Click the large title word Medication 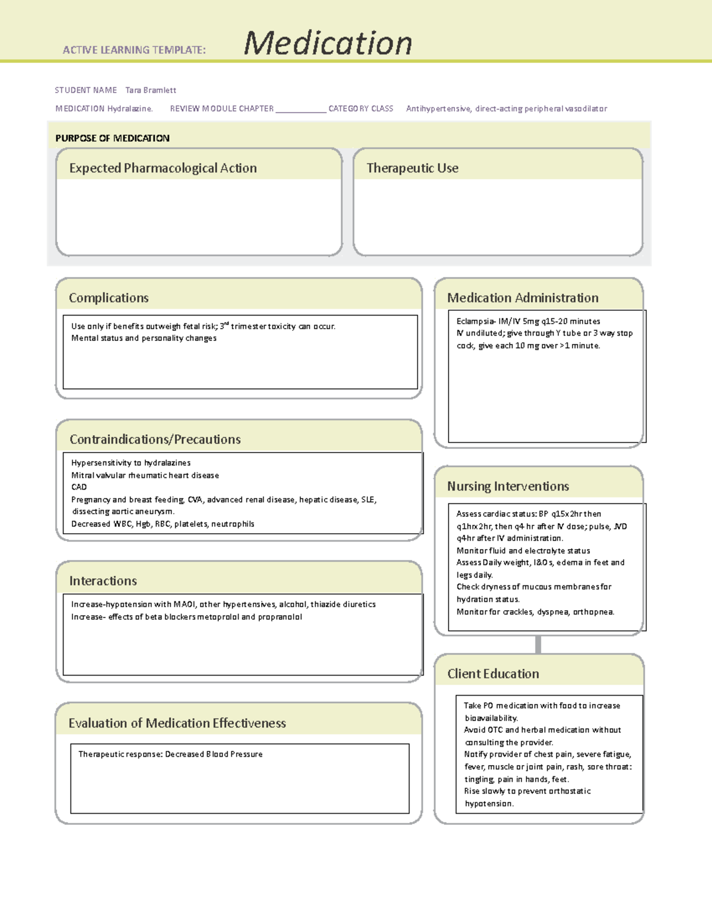coord(328,43)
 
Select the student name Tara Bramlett coord(151,90)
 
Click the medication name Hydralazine coord(129,109)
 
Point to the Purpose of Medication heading coord(113,138)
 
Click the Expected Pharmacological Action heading coord(163,168)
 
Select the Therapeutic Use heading coord(412,168)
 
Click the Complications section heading coord(109,298)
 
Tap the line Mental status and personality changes coord(144,338)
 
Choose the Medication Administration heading coord(523,298)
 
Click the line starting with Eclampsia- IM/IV coord(528,321)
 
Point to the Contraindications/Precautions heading coord(155,439)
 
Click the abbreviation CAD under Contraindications coord(79,487)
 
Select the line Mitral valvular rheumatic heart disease coord(145,475)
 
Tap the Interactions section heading coord(103,581)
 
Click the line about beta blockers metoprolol coord(186,617)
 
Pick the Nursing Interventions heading coord(508,486)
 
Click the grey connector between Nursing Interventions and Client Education coord(538,644)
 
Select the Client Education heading coord(493,674)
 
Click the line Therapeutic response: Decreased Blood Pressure coord(170,754)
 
